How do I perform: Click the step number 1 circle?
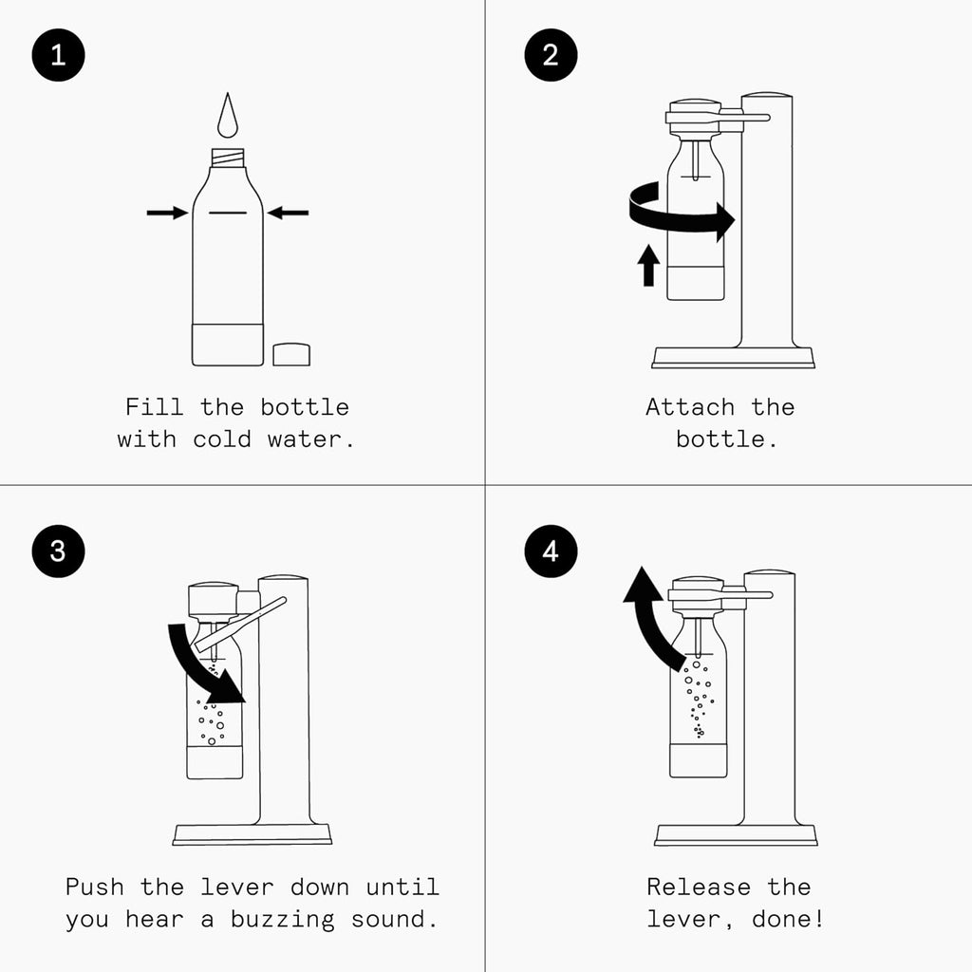pyautogui.click(x=58, y=55)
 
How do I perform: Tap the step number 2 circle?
pyautogui.click(x=551, y=55)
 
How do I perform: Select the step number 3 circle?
pyautogui.click(x=58, y=551)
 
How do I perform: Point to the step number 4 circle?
pyautogui.click(x=551, y=551)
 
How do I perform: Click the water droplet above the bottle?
pyautogui.click(x=228, y=118)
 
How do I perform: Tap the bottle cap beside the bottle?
pyautogui.click(x=291, y=354)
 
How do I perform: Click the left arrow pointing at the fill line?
pyautogui.click(x=167, y=214)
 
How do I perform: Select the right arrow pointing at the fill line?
pyautogui.click(x=288, y=214)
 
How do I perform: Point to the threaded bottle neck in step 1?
pyautogui.click(x=228, y=158)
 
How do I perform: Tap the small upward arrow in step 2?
pyautogui.click(x=648, y=265)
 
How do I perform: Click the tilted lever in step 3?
pyautogui.click(x=242, y=625)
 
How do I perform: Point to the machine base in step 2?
pyautogui.click(x=733, y=357)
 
